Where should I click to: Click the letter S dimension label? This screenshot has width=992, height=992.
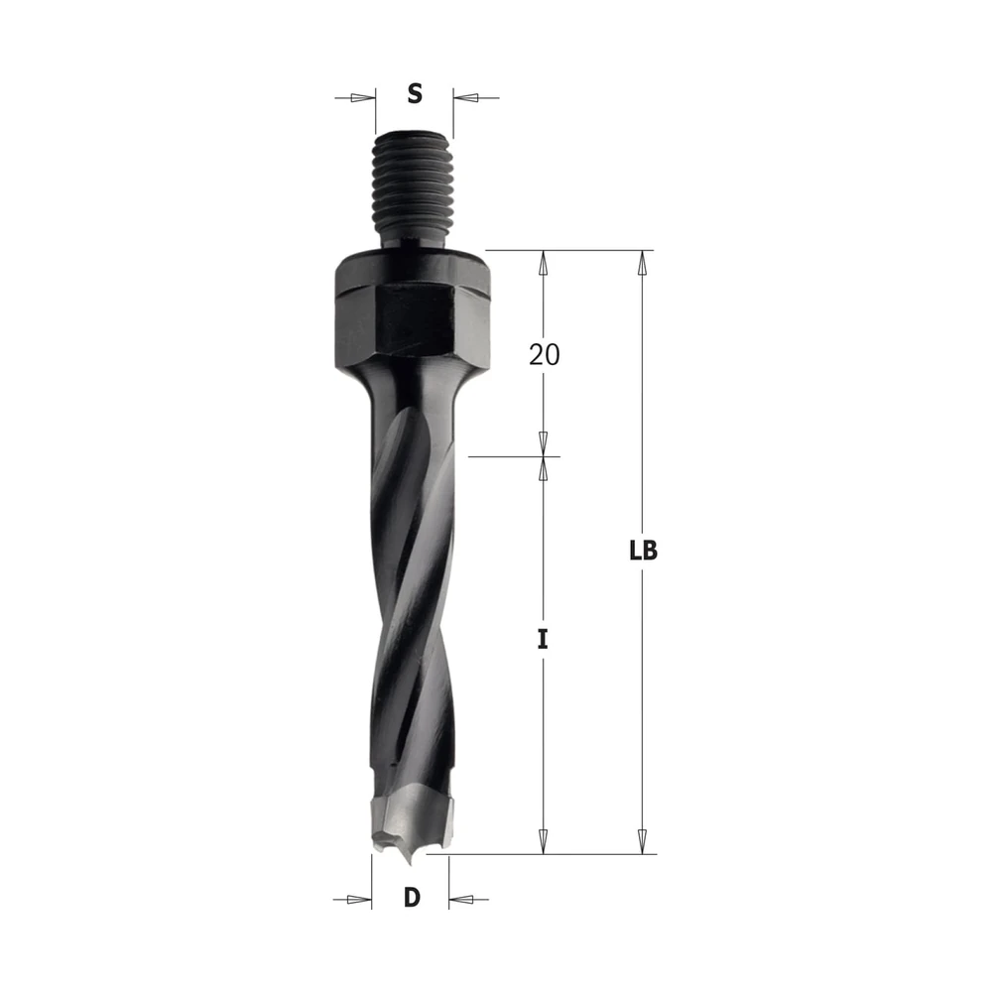click(415, 93)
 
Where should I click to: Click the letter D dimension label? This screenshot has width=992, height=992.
click(412, 897)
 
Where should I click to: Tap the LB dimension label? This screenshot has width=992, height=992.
click(644, 551)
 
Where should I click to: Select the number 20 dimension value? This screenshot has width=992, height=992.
click(544, 355)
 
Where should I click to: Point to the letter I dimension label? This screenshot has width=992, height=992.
click(543, 640)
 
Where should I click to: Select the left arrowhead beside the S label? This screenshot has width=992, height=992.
click(362, 98)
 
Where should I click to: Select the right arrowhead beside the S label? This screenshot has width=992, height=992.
click(465, 98)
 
